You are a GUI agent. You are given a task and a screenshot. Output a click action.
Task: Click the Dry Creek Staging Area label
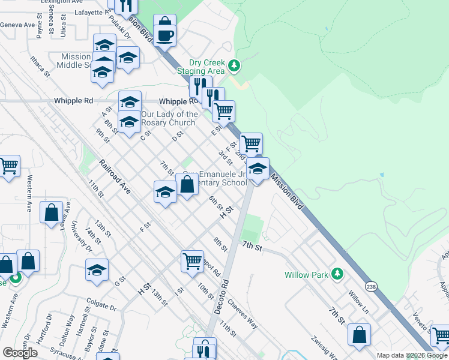206,67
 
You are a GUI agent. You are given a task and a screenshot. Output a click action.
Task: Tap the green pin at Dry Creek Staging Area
235,65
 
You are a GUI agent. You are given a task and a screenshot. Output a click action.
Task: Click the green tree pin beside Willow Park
338,274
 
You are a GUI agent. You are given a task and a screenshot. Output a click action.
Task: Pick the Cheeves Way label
243,314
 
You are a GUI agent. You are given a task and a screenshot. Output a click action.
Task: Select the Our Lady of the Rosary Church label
169,118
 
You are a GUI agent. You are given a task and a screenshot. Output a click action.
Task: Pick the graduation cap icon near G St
97,271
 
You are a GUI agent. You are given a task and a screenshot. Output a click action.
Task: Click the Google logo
20,353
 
